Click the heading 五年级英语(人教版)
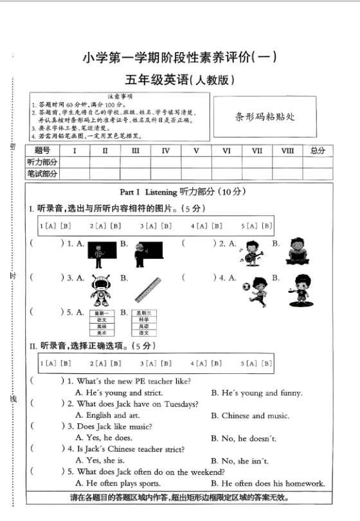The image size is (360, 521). pos(179,80)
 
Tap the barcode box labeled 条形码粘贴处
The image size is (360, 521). pos(264,117)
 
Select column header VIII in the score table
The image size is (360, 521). pos(287,151)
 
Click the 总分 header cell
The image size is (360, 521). pos(318,151)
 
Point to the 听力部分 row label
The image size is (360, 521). pos(42,163)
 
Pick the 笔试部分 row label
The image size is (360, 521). pos(42,174)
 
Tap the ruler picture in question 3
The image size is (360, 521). pos(147,289)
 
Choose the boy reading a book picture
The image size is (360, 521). pos(297,251)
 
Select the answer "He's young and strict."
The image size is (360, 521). pos(119,393)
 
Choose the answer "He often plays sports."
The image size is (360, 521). pos(118,483)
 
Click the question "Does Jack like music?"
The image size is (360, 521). pos(114,427)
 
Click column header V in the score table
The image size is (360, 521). pos(196,151)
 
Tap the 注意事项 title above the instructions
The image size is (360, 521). pos(120,96)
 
